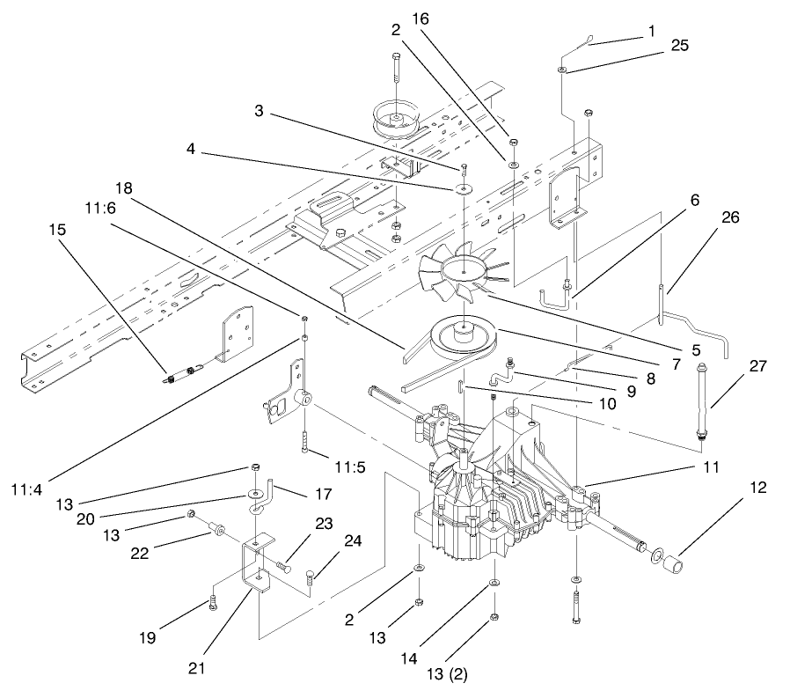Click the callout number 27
point(757,363)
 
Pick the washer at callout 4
point(462,188)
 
